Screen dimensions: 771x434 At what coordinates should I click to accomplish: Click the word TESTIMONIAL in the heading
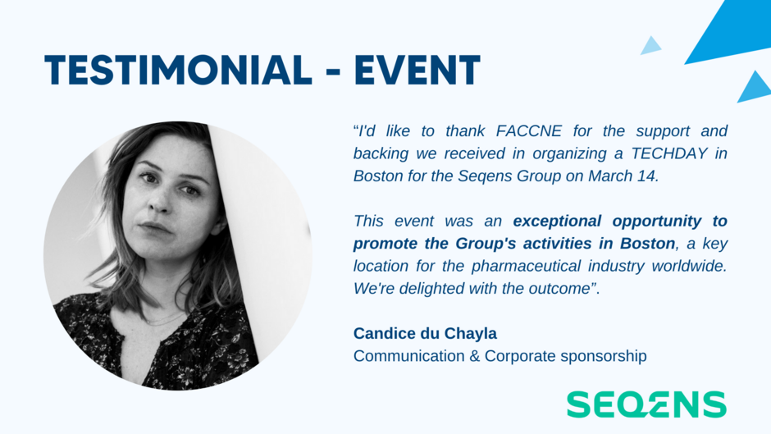click(x=178, y=70)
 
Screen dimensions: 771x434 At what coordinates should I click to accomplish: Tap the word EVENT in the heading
click(x=417, y=70)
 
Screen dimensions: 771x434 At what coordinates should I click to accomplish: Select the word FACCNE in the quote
click(x=528, y=131)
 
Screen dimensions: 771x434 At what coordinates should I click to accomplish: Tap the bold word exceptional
click(x=557, y=222)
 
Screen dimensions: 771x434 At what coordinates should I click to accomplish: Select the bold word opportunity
click(x=657, y=222)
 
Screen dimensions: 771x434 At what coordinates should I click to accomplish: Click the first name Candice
click(x=385, y=334)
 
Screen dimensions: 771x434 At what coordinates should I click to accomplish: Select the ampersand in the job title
click(x=475, y=356)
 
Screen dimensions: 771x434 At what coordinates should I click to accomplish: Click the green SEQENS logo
click(x=646, y=404)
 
